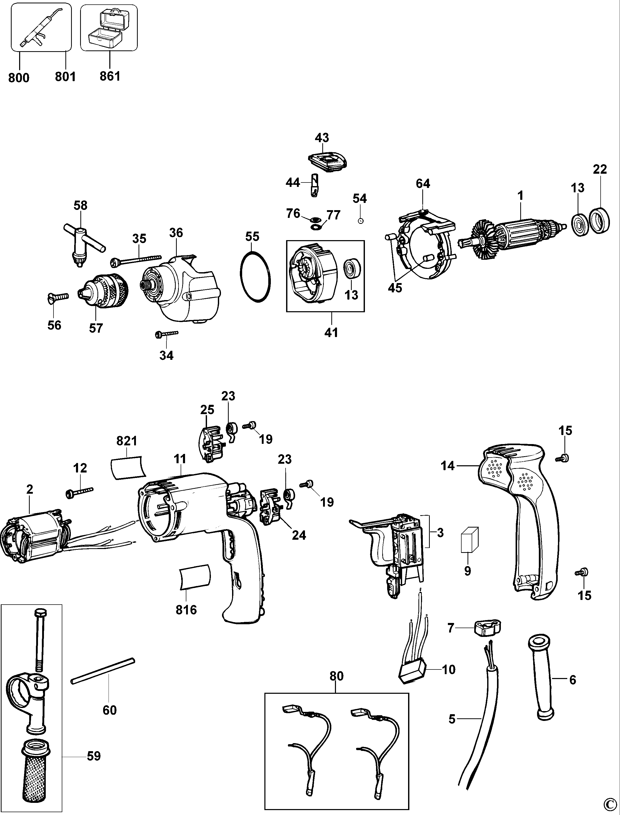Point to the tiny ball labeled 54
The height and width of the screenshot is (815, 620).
pyautogui.click(x=361, y=220)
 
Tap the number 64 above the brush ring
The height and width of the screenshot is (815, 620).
pyautogui.click(x=423, y=184)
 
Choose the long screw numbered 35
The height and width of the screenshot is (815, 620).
pyautogui.click(x=136, y=260)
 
